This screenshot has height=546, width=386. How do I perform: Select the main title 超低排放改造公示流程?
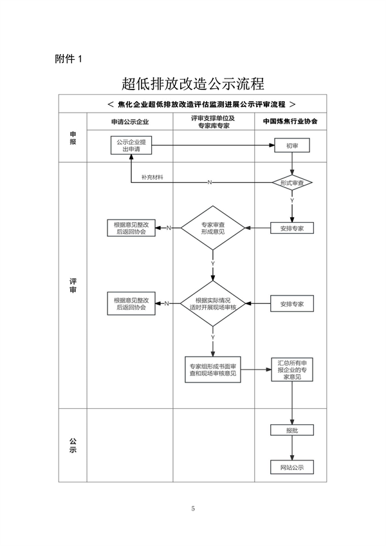click(x=193, y=84)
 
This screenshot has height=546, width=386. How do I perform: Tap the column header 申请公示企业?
click(x=129, y=121)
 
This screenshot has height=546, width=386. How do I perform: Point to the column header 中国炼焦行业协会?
click(x=290, y=121)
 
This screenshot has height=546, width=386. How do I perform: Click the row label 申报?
click(x=73, y=137)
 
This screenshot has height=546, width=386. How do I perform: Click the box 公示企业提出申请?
click(x=131, y=145)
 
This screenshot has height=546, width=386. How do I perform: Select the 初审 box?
click(x=292, y=146)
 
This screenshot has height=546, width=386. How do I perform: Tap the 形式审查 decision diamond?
click(x=293, y=183)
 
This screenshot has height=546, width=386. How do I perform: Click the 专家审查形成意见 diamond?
click(x=212, y=228)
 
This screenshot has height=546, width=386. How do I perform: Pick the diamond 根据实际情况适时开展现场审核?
click(x=212, y=304)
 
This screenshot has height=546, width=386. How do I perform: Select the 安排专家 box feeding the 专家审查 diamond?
click(x=292, y=228)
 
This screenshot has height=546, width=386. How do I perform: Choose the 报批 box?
click(x=292, y=430)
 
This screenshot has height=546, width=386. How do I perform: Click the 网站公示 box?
click(x=292, y=467)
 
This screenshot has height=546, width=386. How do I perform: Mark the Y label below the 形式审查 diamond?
click(x=293, y=201)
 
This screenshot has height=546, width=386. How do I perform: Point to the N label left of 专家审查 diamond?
click(x=169, y=228)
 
